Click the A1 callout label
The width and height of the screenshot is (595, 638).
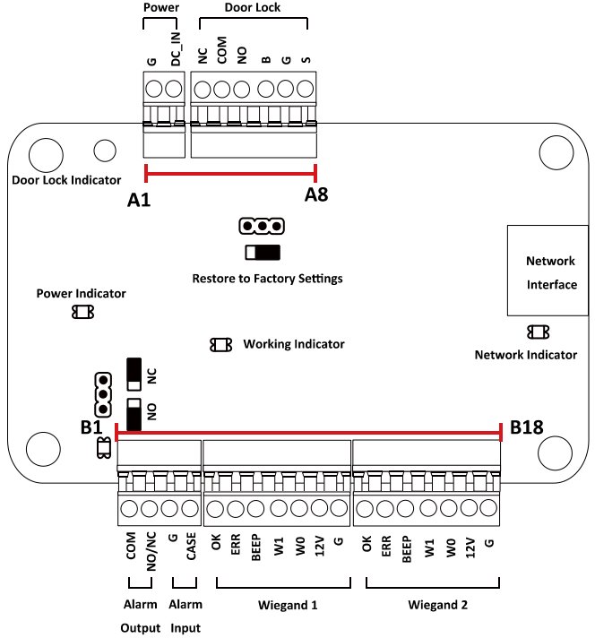point(138,202)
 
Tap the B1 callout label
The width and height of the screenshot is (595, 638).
point(91,427)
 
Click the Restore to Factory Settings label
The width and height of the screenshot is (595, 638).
point(267,279)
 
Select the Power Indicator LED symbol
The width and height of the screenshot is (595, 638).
point(82,312)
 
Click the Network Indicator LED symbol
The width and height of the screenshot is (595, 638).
point(539,332)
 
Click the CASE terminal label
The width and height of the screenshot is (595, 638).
point(191,547)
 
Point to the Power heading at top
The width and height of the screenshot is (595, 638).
point(162,7)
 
